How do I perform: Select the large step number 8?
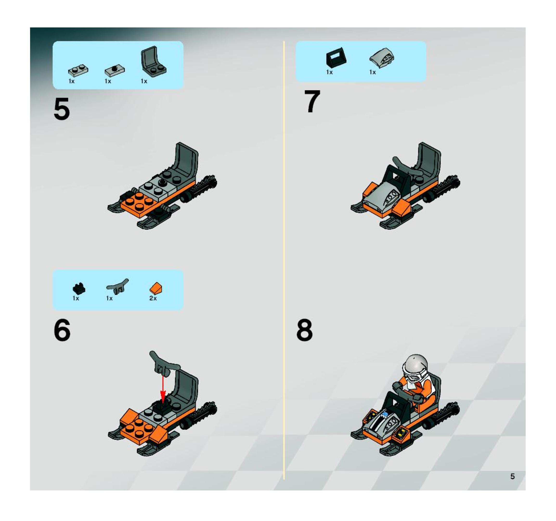pyautogui.click(x=304, y=330)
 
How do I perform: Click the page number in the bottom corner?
pyautogui.click(x=512, y=476)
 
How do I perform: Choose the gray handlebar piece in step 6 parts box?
pyautogui.click(x=117, y=286)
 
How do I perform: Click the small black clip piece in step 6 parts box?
pyautogui.click(x=79, y=288)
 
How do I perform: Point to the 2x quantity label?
pyautogui.click(x=153, y=298)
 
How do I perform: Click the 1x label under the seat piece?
pyautogui.click(x=144, y=81)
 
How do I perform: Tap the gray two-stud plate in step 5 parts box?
pyautogui.click(x=78, y=70)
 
